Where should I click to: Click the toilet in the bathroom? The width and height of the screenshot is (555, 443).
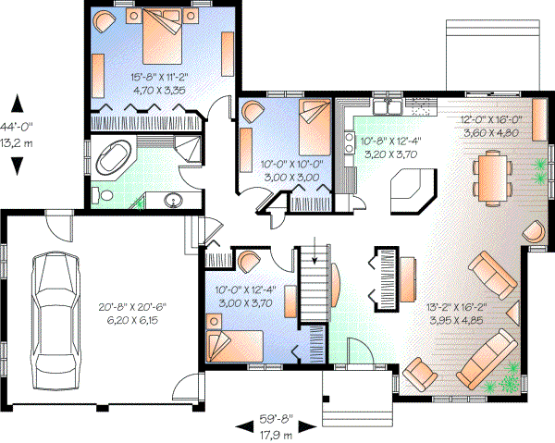click(x=103, y=193)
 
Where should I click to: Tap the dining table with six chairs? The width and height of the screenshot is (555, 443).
click(x=487, y=176)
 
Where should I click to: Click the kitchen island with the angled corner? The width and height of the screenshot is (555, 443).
click(x=412, y=192)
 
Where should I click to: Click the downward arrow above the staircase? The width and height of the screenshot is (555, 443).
click(x=315, y=247)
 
